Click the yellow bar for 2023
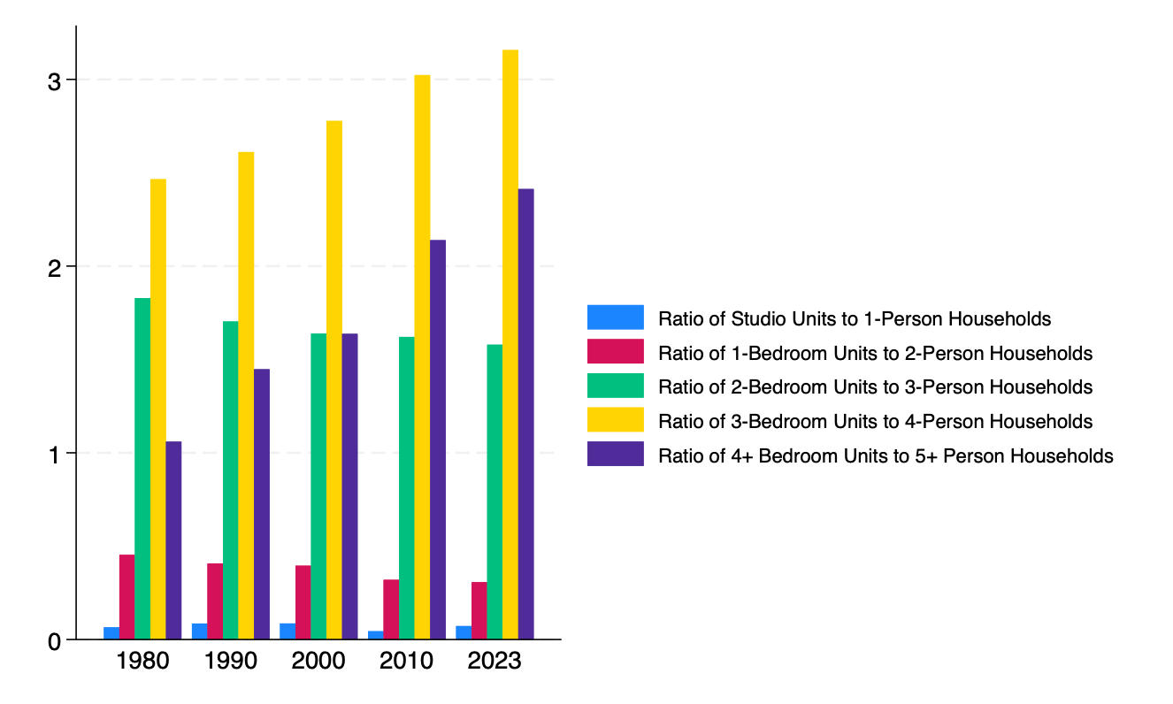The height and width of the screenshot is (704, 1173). [x=510, y=344]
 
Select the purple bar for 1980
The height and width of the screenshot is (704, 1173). [x=173, y=539]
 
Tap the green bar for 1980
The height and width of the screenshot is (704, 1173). [x=142, y=468]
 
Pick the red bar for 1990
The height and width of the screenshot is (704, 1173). [x=215, y=601]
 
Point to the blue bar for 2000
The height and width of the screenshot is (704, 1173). [x=287, y=631]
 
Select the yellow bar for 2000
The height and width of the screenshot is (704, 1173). [x=334, y=379]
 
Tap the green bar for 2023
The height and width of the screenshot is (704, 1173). [x=494, y=491]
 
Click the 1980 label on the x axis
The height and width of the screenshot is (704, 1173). [x=142, y=662]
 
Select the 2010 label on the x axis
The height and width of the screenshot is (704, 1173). [x=407, y=662]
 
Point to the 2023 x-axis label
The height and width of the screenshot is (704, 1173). [x=494, y=662]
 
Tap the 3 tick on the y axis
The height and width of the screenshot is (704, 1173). [x=55, y=80]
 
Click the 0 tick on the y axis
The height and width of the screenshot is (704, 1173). [x=55, y=640]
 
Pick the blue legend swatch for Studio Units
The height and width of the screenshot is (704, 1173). [x=615, y=318]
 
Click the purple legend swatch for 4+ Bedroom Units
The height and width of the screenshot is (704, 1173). [x=615, y=455]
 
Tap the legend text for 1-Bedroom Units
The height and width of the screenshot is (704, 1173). [x=875, y=353]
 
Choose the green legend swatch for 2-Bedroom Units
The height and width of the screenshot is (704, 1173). [x=615, y=386]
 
